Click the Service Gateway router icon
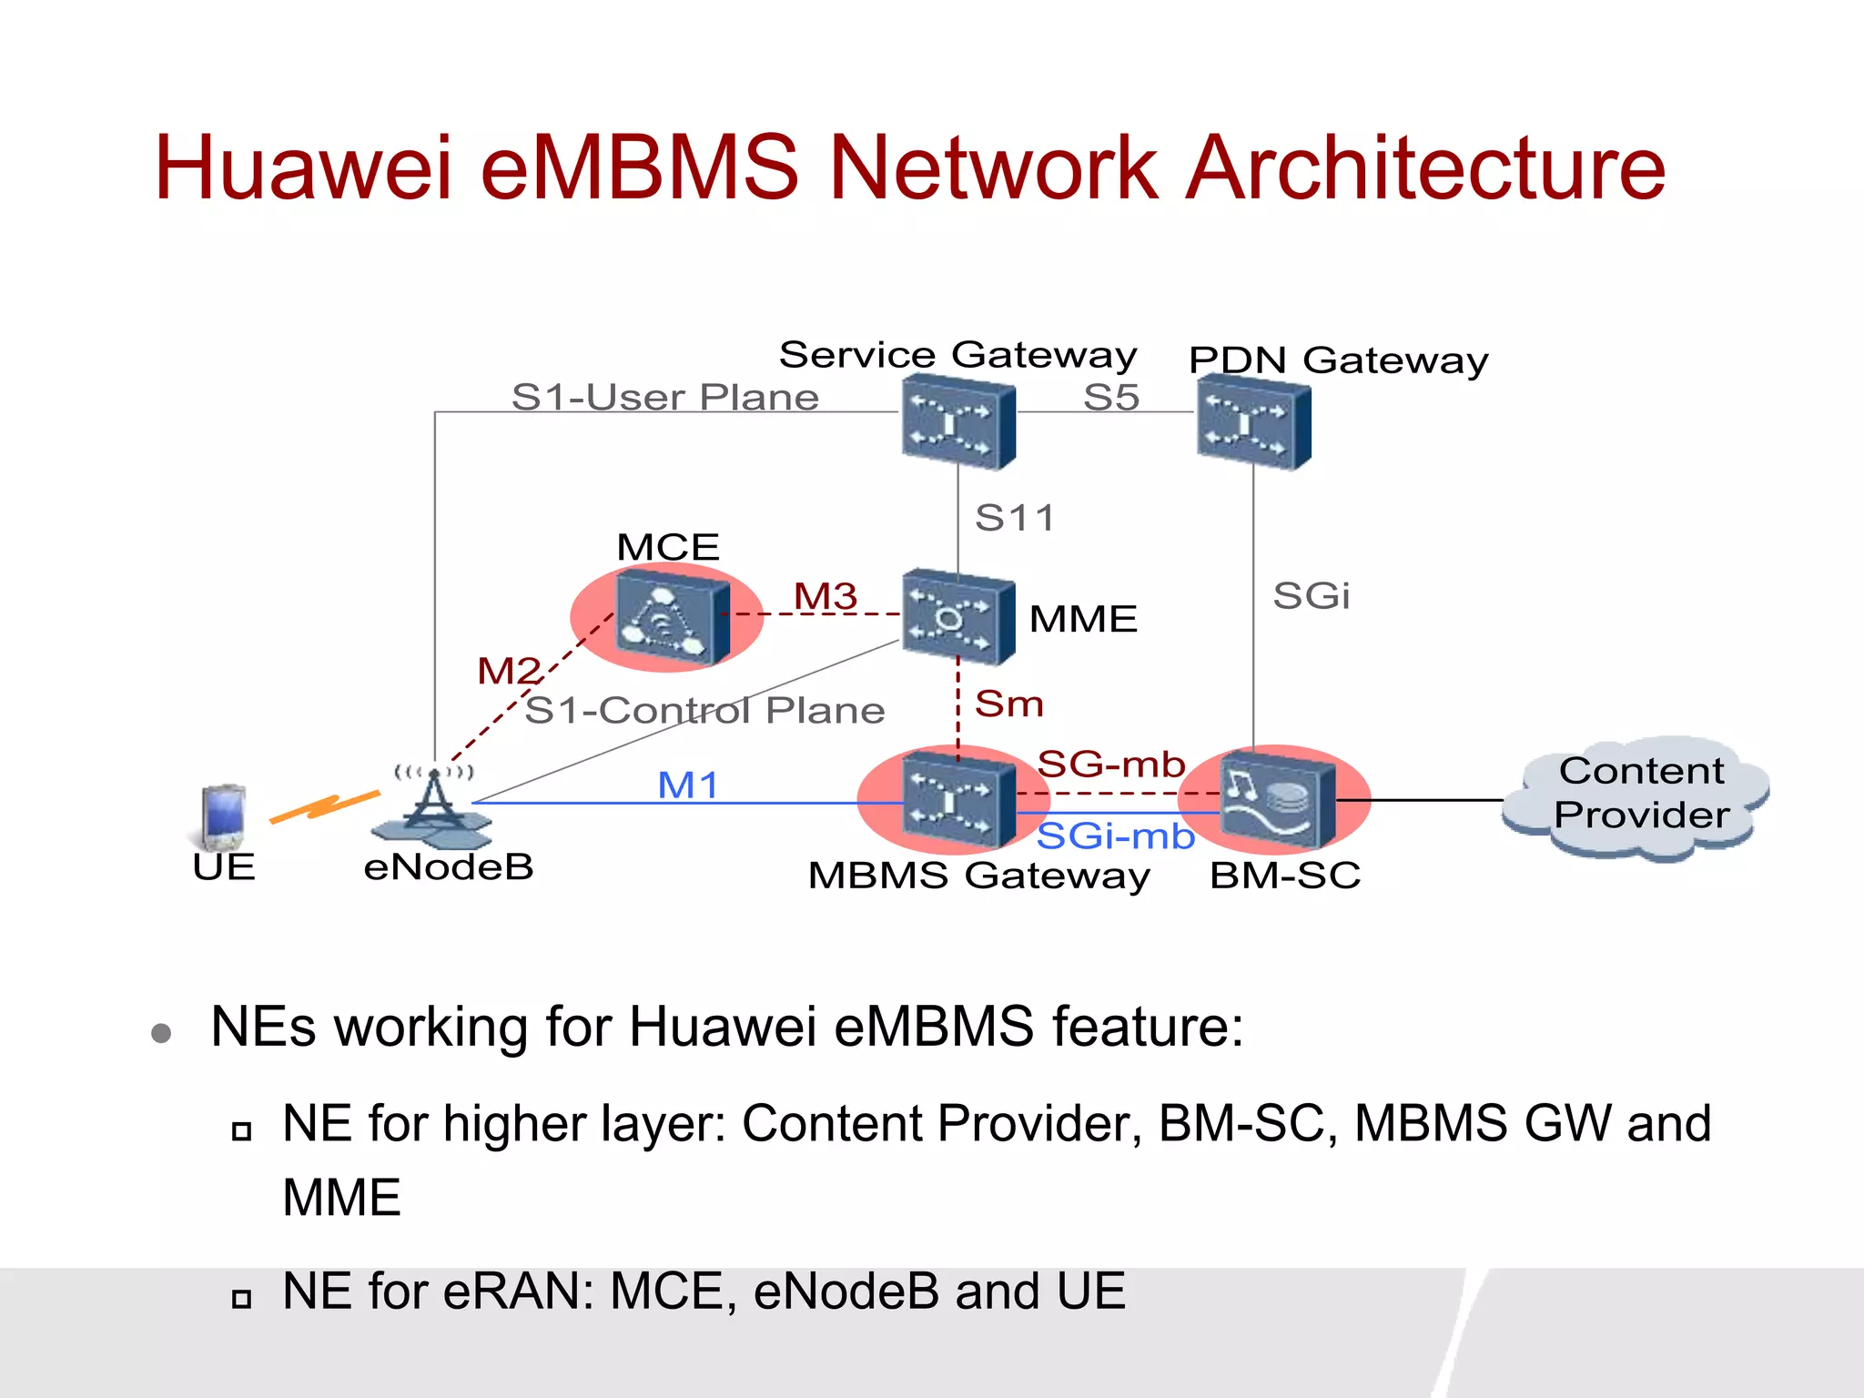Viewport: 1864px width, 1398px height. [x=958, y=425]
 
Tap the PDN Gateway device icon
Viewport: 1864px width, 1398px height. [x=1253, y=425]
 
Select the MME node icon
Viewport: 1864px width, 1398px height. [x=957, y=618]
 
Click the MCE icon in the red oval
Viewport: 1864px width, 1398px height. [x=672, y=618]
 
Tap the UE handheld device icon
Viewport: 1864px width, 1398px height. [x=222, y=815]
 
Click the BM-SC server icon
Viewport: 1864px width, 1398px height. [x=1276, y=799]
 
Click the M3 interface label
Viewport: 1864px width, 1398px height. [x=826, y=597]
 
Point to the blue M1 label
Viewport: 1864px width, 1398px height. [x=688, y=785]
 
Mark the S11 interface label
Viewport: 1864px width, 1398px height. [x=1014, y=519]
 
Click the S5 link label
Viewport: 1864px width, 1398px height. [x=1111, y=398]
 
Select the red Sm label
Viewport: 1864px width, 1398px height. [x=1008, y=704]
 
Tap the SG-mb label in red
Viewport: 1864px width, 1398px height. [x=1111, y=764]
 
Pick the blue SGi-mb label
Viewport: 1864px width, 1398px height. [x=1115, y=836]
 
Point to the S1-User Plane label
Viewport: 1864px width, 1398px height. [x=664, y=398]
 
